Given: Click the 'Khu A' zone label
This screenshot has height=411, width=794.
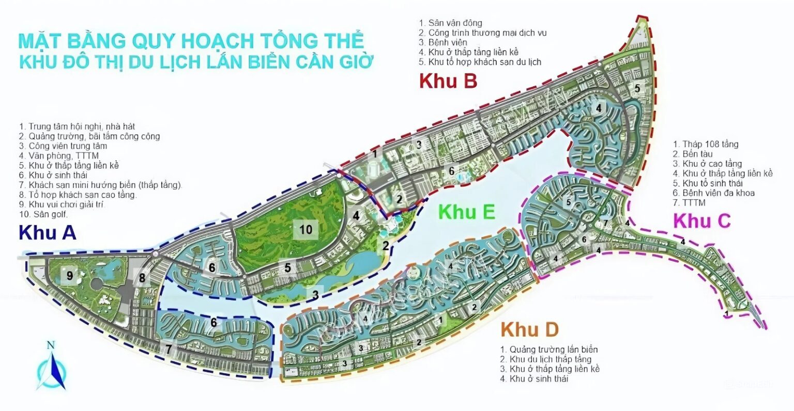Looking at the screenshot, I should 48,233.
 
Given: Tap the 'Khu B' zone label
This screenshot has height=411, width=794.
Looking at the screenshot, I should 448,81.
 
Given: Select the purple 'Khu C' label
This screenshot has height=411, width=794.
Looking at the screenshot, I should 702,220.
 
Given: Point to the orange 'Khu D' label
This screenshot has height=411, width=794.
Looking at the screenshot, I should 529,328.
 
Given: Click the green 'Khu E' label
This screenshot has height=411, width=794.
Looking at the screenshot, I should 467,212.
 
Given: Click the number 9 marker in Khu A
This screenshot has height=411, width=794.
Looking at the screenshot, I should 69,275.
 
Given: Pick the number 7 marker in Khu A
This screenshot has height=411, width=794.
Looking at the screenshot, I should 169,350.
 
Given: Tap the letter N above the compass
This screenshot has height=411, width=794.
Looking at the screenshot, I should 50,345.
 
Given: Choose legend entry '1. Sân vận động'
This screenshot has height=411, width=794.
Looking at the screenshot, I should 451,23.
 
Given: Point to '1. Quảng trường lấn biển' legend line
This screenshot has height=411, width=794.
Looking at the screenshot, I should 549,350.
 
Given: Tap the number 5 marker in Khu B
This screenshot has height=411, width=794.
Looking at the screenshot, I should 637,88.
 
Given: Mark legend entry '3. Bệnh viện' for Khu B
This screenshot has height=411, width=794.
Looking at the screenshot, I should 443,42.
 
